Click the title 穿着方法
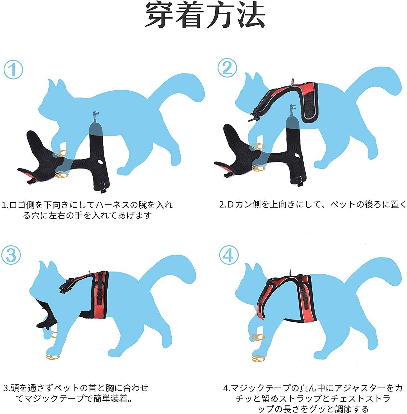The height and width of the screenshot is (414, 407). [205, 15]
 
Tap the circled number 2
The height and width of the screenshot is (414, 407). [227, 68]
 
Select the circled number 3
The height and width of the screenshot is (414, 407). [11, 255]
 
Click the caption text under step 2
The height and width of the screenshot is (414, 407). [313, 205]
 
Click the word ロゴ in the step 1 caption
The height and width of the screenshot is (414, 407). [16, 205]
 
